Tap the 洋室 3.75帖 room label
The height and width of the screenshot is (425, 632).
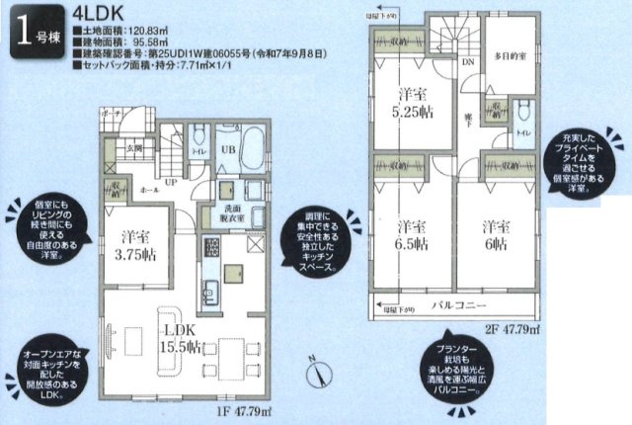[134, 245]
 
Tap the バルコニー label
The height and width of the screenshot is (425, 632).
[455, 303]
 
